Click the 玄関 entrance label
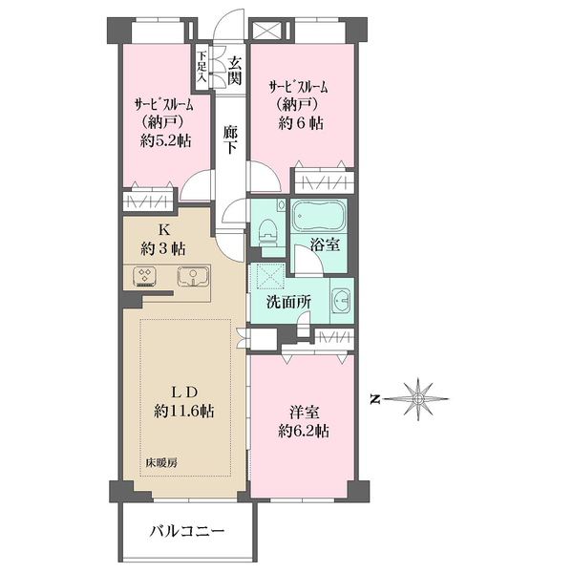click(x=234, y=72)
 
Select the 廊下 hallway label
click(x=230, y=140)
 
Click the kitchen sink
click(x=195, y=278)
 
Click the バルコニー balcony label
click(x=187, y=531)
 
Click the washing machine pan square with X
click(x=268, y=278)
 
